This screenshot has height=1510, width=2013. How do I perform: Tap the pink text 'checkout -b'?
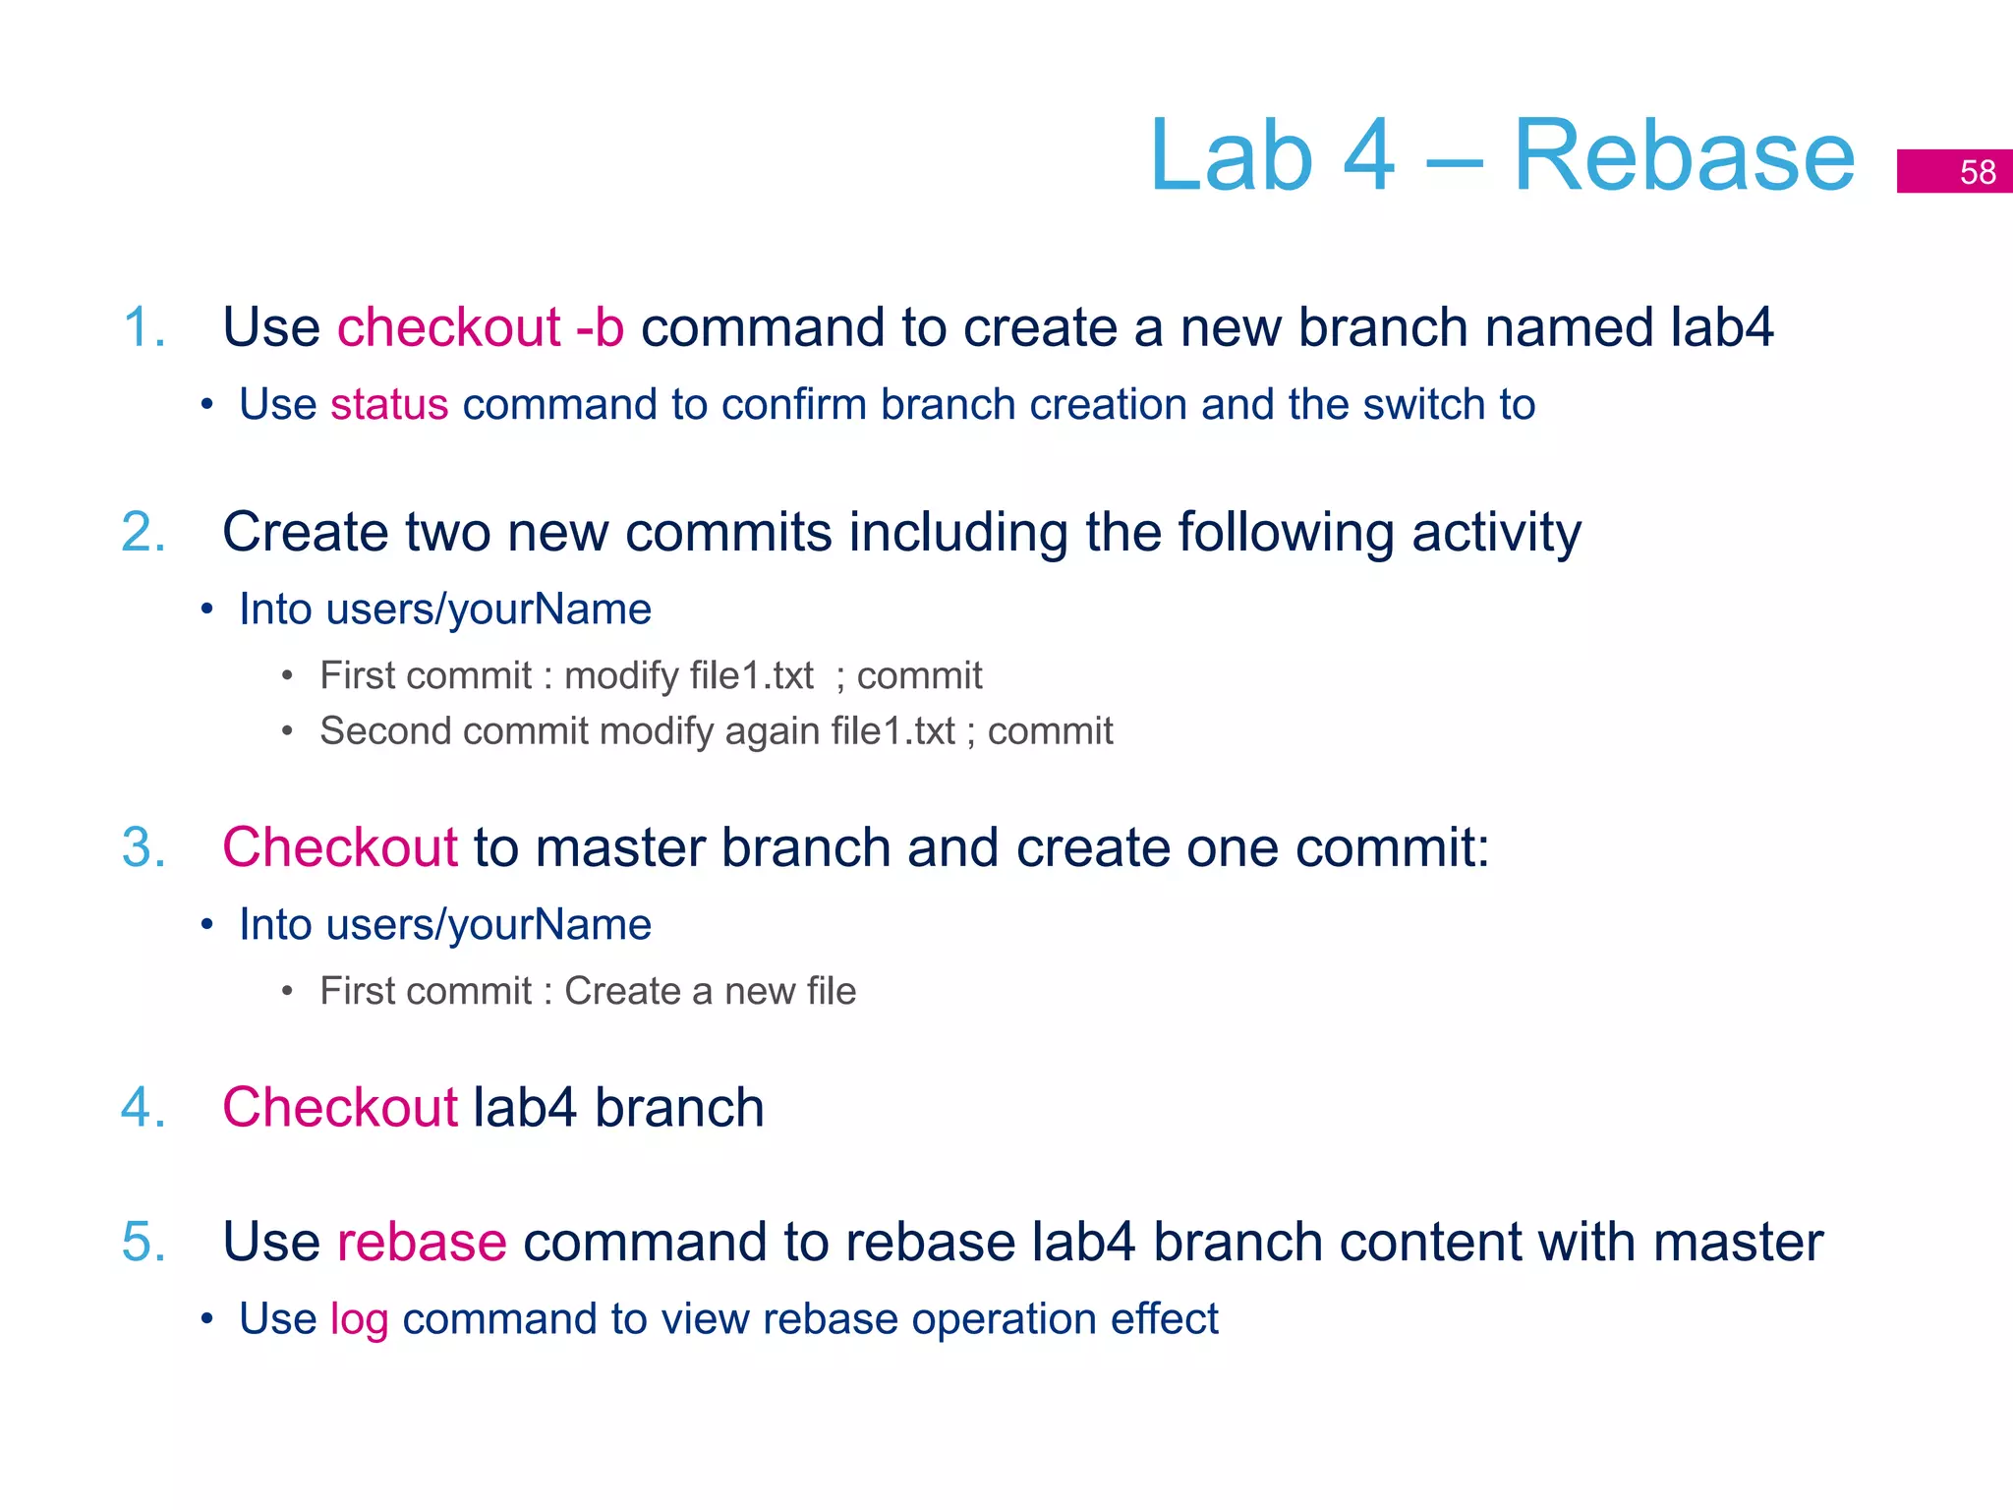pyautogui.click(x=480, y=327)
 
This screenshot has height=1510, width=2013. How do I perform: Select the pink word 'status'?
pyautogui.click(x=389, y=405)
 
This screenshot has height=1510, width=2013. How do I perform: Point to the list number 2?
pyautogui.click(x=144, y=533)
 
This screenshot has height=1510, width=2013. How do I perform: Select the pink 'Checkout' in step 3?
pyautogui.click(x=339, y=847)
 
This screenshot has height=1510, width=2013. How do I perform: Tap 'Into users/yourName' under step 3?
pyautogui.click(x=444, y=925)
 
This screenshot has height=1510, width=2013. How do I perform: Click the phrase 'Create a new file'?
pyautogui.click(x=710, y=991)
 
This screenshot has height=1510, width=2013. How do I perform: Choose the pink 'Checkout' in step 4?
pyautogui.click(x=339, y=1108)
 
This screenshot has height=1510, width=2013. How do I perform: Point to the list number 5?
pyautogui.click(x=144, y=1242)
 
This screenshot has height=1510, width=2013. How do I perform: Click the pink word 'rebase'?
pyautogui.click(x=422, y=1242)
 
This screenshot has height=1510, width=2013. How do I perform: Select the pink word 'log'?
pyautogui.click(x=359, y=1319)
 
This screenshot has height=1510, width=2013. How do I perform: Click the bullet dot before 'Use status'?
pyautogui.click(x=206, y=405)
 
